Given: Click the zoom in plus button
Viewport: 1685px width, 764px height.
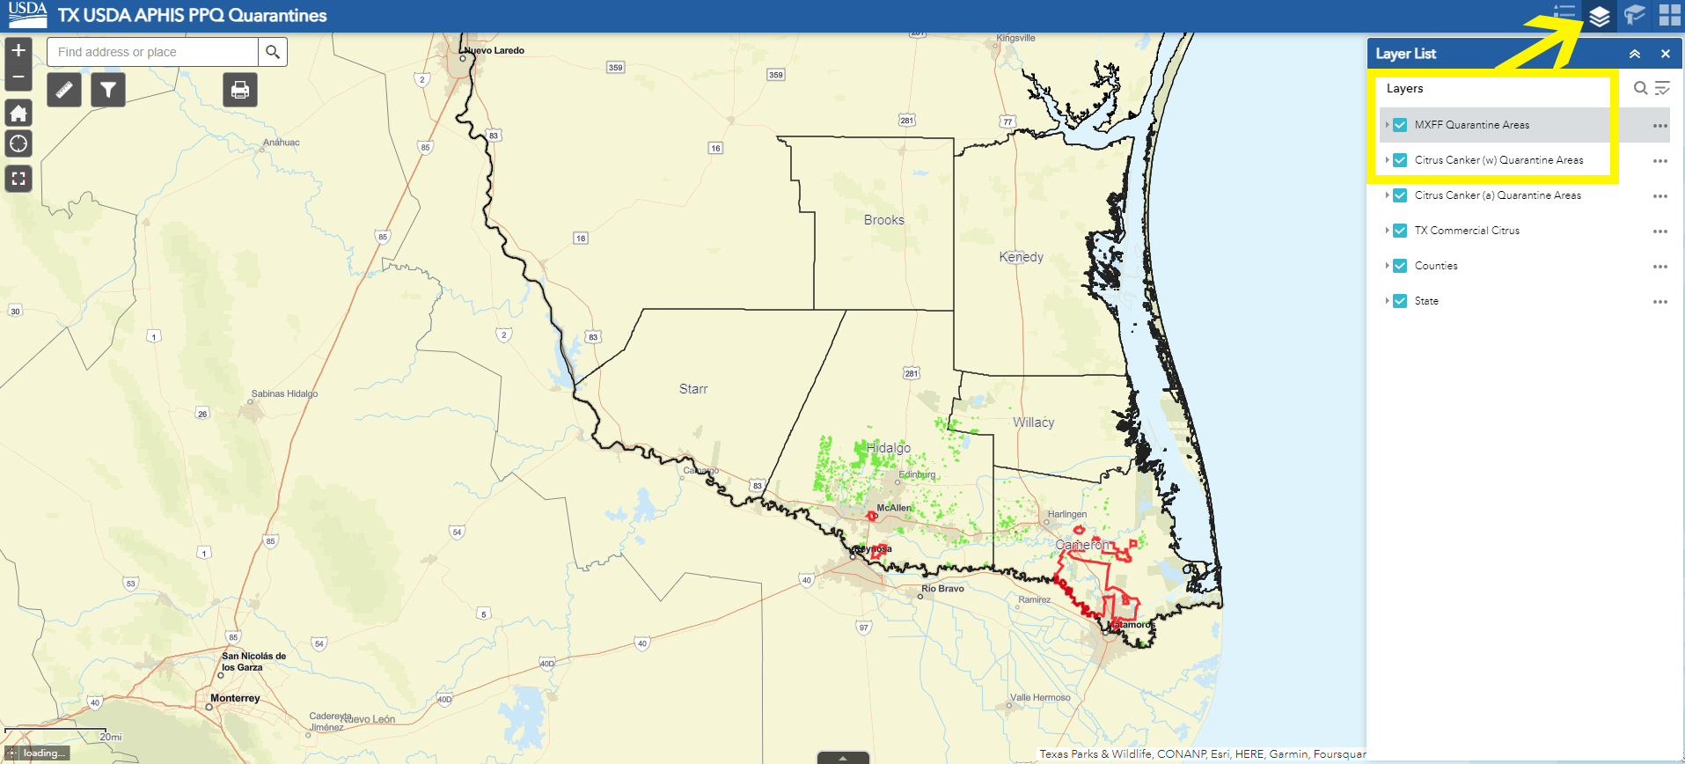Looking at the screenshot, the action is pos(18,50).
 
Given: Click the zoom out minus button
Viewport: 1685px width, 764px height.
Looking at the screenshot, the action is pos(18,77).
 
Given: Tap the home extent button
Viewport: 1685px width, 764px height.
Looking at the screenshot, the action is pos(18,113).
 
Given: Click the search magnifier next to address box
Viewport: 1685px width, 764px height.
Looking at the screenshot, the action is pos(273,52).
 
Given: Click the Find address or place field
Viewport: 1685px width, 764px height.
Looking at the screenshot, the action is pos(153,52).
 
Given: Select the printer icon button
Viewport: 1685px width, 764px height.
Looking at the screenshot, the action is pos(239,90).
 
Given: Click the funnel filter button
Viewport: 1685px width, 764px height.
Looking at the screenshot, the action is pos(107,90).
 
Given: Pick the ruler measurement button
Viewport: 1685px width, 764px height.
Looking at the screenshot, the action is pos(64,90).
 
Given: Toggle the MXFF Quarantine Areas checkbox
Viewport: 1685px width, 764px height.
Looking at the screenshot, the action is pos(1400,125).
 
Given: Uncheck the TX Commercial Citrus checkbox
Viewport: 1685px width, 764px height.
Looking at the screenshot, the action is pos(1400,231).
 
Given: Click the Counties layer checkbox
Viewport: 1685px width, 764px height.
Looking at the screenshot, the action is pos(1400,266).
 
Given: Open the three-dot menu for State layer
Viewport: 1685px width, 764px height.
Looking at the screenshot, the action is pos(1659,302).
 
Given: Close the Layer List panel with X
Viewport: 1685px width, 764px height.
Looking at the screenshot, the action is pos(1665,54).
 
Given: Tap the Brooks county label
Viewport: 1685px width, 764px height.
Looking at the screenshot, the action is pos(883,220).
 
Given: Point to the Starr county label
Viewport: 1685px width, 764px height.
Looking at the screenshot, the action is pos(693,389).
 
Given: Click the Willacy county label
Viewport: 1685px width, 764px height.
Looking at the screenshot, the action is pos(1033,422).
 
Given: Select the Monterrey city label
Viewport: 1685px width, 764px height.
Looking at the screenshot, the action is pos(235,698).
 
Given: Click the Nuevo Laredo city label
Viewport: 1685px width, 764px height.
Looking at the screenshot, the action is pos(495,50).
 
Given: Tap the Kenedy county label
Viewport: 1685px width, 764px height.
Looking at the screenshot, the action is pos(1021,257).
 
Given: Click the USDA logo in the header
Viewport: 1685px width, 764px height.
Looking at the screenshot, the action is pos(27,14).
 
